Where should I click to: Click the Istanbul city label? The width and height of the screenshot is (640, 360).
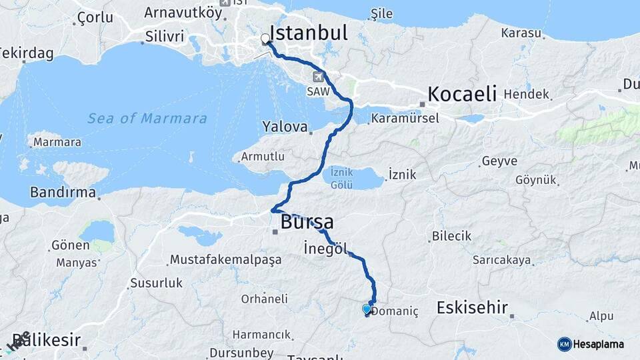coord(309,33)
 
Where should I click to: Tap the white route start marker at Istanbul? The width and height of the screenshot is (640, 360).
coord(266,39)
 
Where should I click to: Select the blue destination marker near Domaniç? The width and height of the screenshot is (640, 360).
coord(366,309)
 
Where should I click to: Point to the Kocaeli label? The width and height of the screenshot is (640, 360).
coord(462,93)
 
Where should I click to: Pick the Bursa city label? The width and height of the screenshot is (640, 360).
coord(307,221)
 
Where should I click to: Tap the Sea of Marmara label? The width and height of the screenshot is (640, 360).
coord(147,119)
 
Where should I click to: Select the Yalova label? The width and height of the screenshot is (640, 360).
coord(285,126)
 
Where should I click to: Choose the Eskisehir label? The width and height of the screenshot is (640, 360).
coord(472,307)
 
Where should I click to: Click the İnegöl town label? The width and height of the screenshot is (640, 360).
coord(325,249)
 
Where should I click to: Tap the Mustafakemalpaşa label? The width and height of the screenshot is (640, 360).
coord(225,259)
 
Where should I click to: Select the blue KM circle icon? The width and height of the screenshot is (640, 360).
coord(565,344)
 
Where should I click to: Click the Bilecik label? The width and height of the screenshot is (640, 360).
coord(451,236)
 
